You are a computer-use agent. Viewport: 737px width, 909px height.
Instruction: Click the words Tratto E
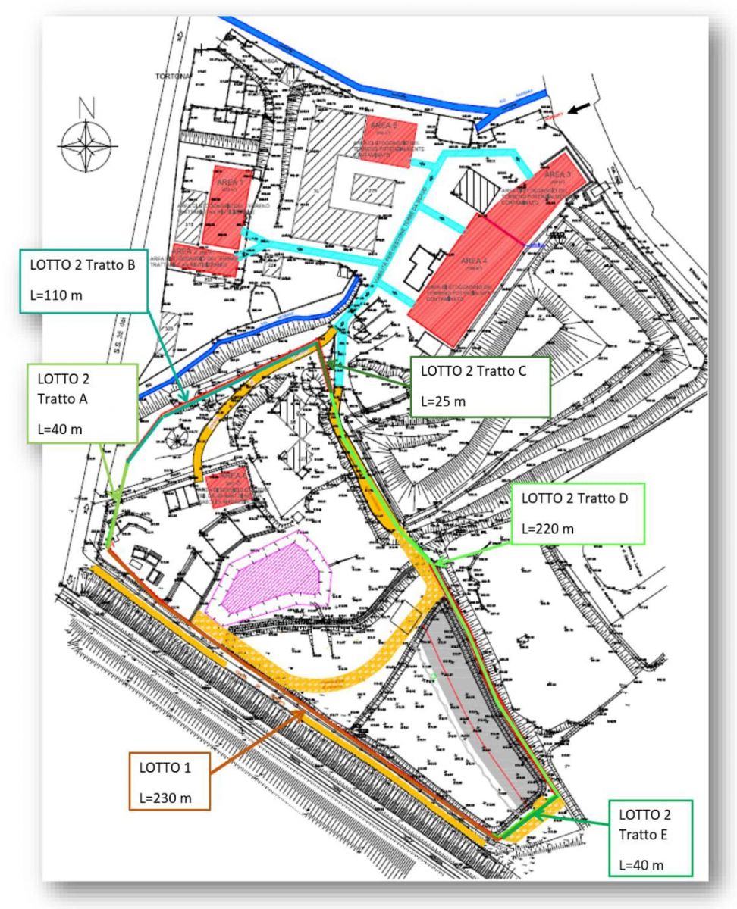click(x=642, y=835)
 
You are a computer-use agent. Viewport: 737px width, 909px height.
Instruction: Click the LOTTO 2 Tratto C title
click(x=474, y=371)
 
